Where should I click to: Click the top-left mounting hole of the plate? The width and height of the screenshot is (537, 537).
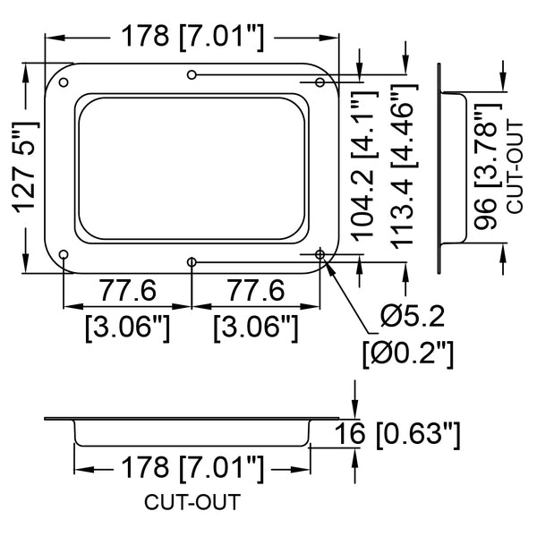coord(64,82)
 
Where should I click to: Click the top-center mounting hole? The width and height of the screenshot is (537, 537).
coord(192,74)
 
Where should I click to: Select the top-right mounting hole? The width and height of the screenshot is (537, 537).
coord(320,82)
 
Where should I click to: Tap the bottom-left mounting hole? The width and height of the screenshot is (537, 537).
coord(64,254)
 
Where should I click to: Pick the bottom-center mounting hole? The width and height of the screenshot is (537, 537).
coord(192,262)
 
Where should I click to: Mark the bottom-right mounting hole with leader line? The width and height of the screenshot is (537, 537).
coord(320,254)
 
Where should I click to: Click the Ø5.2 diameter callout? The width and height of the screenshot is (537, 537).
coord(413,316)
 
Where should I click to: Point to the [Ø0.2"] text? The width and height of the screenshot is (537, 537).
coord(408,354)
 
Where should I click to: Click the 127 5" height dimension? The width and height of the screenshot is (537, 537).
coord(25,168)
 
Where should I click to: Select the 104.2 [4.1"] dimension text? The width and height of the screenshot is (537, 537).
coord(365,166)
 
